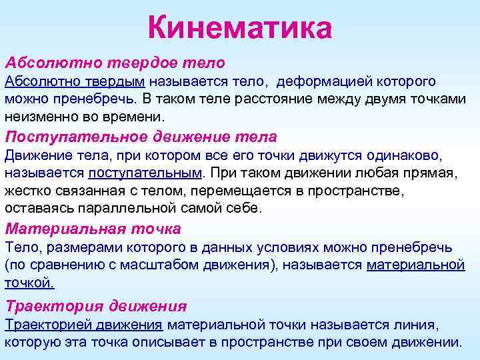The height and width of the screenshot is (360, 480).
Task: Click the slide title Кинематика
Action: pyautogui.click(x=239, y=28)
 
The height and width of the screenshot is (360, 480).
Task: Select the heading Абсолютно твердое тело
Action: pyautogui.click(x=115, y=62)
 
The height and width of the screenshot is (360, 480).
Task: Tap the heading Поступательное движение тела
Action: pyautogui.click(x=141, y=137)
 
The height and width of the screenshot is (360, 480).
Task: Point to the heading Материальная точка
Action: pyautogui.click(x=93, y=229)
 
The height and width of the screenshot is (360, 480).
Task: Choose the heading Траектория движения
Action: pyautogui.click(x=95, y=307)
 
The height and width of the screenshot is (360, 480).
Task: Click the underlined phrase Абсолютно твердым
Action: pyautogui.click(x=75, y=82)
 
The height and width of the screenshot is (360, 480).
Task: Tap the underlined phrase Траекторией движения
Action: pyautogui.click(x=84, y=325)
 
